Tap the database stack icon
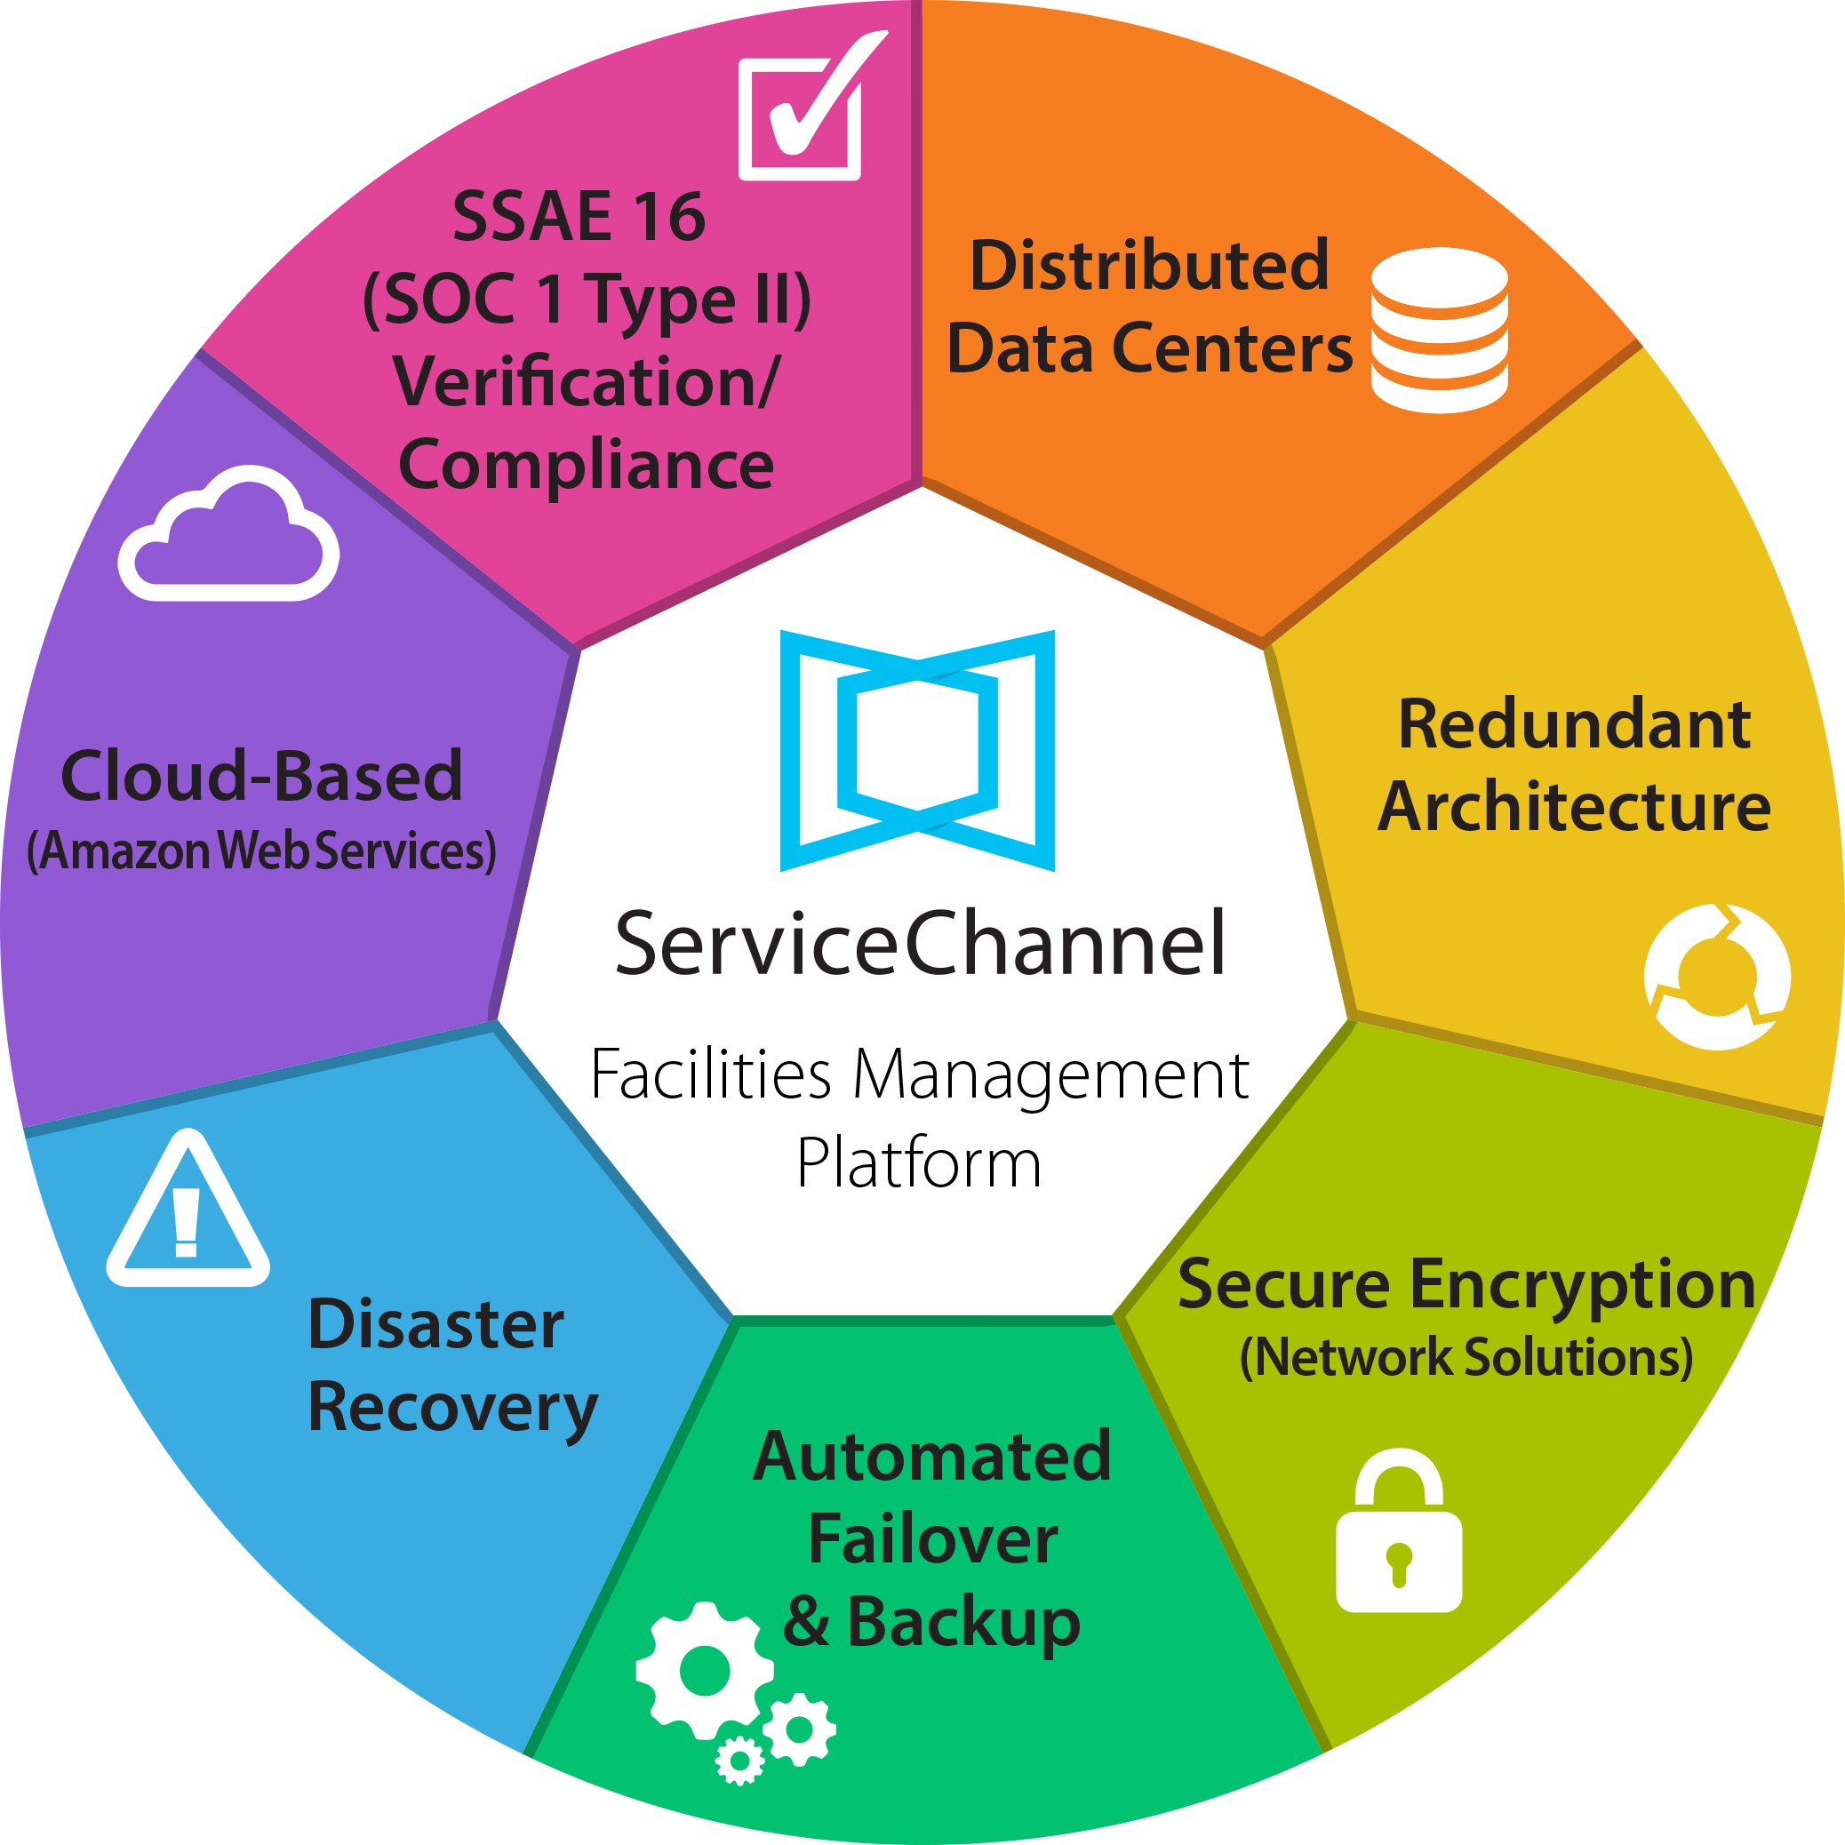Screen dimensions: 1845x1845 (1439, 330)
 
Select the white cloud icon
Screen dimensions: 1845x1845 (229, 539)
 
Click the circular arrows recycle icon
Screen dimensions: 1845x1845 (1717, 976)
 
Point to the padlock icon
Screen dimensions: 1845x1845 (1399, 1537)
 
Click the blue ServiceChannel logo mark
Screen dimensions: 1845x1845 (917, 751)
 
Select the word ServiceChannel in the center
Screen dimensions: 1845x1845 (920, 945)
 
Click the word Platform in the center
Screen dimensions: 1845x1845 (919, 1164)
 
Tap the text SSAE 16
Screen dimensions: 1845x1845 (579, 217)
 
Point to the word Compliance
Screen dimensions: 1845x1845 (586, 466)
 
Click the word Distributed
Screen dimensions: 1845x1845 (1149, 265)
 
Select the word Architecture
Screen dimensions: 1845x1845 (1574, 807)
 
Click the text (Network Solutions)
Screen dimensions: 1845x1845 (1466, 1357)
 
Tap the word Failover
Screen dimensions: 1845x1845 (932, 1539)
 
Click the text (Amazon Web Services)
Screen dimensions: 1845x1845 (261, 851)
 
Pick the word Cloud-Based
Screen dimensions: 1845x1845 (261, 776)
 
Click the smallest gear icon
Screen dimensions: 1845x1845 (739, 1760)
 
